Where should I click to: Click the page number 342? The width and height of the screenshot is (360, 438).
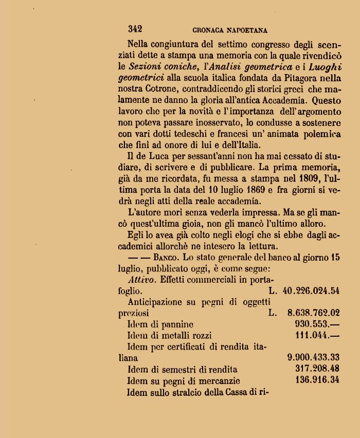[x=135, y=29]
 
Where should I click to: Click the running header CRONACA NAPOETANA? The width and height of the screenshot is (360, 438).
[x=230, y=30]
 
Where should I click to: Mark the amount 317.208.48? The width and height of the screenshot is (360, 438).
[x=317, y=369]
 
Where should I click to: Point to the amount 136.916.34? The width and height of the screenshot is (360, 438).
[x=318, y=380]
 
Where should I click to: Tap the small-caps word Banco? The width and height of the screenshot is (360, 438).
[x=166, y=257]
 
